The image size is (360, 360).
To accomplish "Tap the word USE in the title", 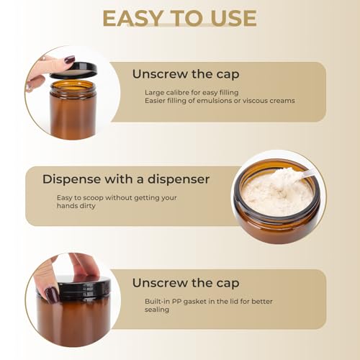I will tap(228, 17).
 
